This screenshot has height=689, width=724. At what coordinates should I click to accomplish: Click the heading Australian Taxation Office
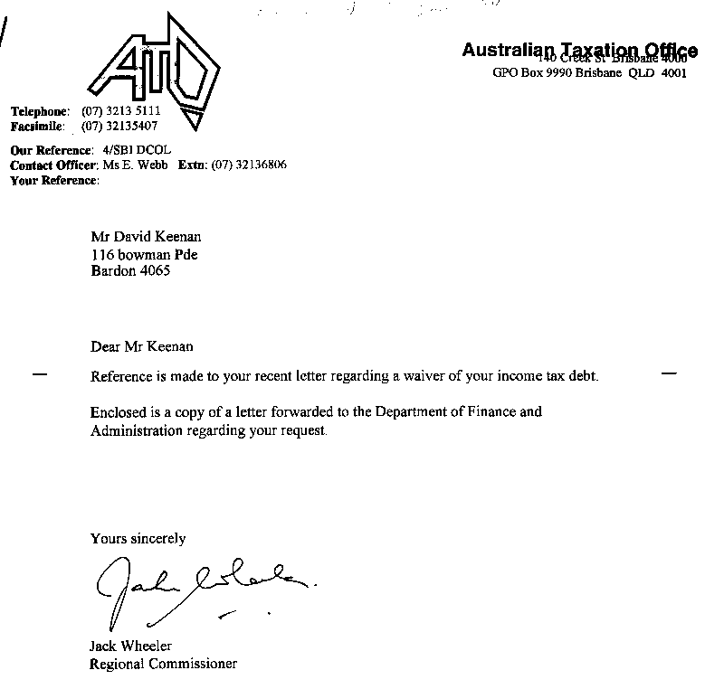(x=579, y=51)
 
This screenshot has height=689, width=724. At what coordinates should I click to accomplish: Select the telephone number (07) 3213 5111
(x=121, y=110)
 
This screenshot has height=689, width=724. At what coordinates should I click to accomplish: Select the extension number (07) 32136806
(x=249, y=165)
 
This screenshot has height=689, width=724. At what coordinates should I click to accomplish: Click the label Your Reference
(x=54, y=181)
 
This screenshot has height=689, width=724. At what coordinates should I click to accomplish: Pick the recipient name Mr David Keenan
(x=140, y=238)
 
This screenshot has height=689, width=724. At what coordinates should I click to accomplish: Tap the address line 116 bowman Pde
(x=144, y=254)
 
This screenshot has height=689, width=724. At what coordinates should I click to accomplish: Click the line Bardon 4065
(x=130, y=270)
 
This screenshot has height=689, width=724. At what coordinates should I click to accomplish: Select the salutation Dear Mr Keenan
(x=142, y=346)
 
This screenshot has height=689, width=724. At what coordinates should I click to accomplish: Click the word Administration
(x=134, y=430)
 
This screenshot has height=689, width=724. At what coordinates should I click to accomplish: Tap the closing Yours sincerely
(x=138, y=538)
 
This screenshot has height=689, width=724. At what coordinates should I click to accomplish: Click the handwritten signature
(x=199, y=588)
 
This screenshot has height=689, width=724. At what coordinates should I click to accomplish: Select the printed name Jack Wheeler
(x=132, y=647)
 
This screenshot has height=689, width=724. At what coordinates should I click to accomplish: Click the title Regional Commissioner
(x=163, y=664)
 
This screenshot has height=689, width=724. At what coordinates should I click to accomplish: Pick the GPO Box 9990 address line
(x=588, y=73)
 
